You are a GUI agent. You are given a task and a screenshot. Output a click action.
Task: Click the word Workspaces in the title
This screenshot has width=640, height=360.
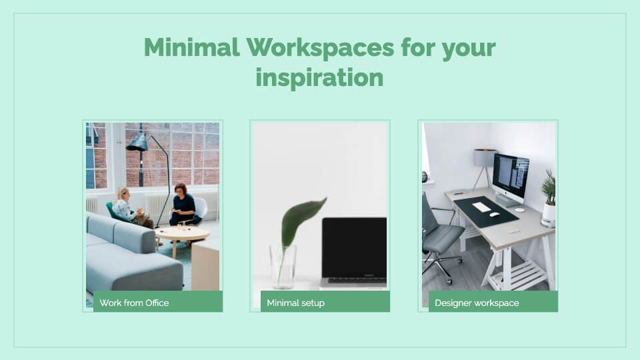click(x=321, y=47)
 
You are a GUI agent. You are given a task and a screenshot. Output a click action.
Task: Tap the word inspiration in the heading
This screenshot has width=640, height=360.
click(x=319, y=78)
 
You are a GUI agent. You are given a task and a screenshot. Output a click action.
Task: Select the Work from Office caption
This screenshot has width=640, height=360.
click(x=134, y=303)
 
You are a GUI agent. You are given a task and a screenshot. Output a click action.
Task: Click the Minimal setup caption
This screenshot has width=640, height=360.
click(x=295, y=303)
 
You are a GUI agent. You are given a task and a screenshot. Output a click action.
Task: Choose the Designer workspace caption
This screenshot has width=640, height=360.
click(x=477, y=303)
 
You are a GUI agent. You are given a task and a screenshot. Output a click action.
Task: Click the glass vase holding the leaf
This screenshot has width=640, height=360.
click(x=283, y=267)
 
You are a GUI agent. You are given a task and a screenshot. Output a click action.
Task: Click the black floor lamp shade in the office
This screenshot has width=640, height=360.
click(x=137, y=142)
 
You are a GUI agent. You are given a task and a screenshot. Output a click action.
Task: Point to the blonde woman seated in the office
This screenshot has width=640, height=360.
click(x=129, y=208)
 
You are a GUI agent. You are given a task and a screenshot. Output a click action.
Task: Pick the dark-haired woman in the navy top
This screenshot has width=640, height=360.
click(x=185, y=205)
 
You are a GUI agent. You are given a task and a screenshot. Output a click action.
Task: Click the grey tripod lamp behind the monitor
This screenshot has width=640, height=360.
click(x=485, y=167)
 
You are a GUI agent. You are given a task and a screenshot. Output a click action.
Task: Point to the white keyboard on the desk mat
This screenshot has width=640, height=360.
click(x=481, y=207)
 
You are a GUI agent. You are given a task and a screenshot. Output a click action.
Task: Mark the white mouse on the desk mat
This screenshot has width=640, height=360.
click(x=494, y=215)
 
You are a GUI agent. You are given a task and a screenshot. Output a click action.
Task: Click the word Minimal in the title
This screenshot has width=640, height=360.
click(x=192, y=47)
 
